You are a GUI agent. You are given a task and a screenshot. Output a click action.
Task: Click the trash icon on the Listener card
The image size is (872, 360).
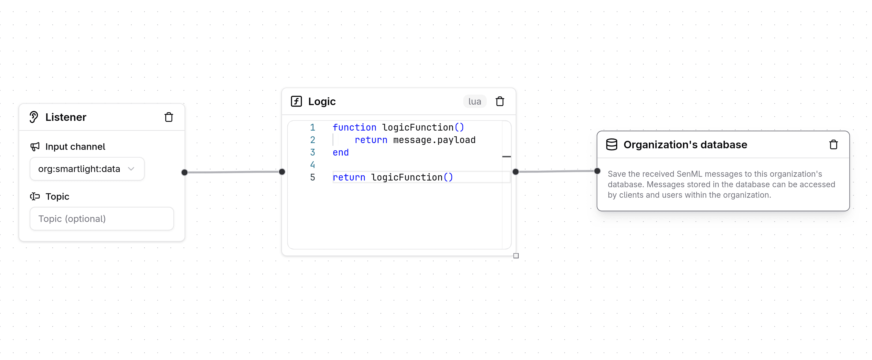pyautogui.click(x=169, y=117)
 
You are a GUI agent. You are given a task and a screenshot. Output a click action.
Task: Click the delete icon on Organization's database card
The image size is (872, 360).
pyautogui.click(x=834, y=145)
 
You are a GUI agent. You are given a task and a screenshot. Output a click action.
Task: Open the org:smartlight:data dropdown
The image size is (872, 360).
pyautogui.click(x=87, y=169)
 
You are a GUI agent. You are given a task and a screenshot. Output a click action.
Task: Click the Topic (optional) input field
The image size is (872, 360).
pyautogui.click(x=101, y=219)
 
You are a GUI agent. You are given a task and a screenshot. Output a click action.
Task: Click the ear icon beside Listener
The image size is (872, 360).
pyautogui.click(x=33, y=117)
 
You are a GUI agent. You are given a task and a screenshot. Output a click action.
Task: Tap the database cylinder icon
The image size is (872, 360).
pyautogui.click(x=611, y=145)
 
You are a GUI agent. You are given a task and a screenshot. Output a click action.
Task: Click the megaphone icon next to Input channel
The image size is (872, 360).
pyautogui.click(x=35, y=147)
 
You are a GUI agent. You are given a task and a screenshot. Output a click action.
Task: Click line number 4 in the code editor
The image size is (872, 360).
pyautogui.click(x=312, y=165)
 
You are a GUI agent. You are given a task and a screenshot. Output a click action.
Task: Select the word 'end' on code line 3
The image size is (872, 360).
pyautogui.click(x=341, y=153)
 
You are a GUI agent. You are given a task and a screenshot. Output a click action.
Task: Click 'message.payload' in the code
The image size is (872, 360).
pyautogui.click(x=434, y=140)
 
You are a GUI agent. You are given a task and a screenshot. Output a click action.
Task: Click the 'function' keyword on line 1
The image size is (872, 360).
pyautogui.click(x=354, y=128)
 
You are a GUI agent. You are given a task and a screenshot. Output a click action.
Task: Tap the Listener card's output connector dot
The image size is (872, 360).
pyautogui.click(x=184, y=173)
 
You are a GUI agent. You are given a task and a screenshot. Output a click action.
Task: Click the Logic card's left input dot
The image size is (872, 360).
pyautogui.click(x=282, y=172)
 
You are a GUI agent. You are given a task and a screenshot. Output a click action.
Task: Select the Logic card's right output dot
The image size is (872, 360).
pyautogui.click(x=515, y=172)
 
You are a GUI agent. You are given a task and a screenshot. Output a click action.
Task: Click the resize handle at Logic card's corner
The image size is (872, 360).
pyautogui.click(x=516, y=256)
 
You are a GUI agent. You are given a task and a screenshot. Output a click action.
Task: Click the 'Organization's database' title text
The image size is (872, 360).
pyautogui.click(x=685, y=145)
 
